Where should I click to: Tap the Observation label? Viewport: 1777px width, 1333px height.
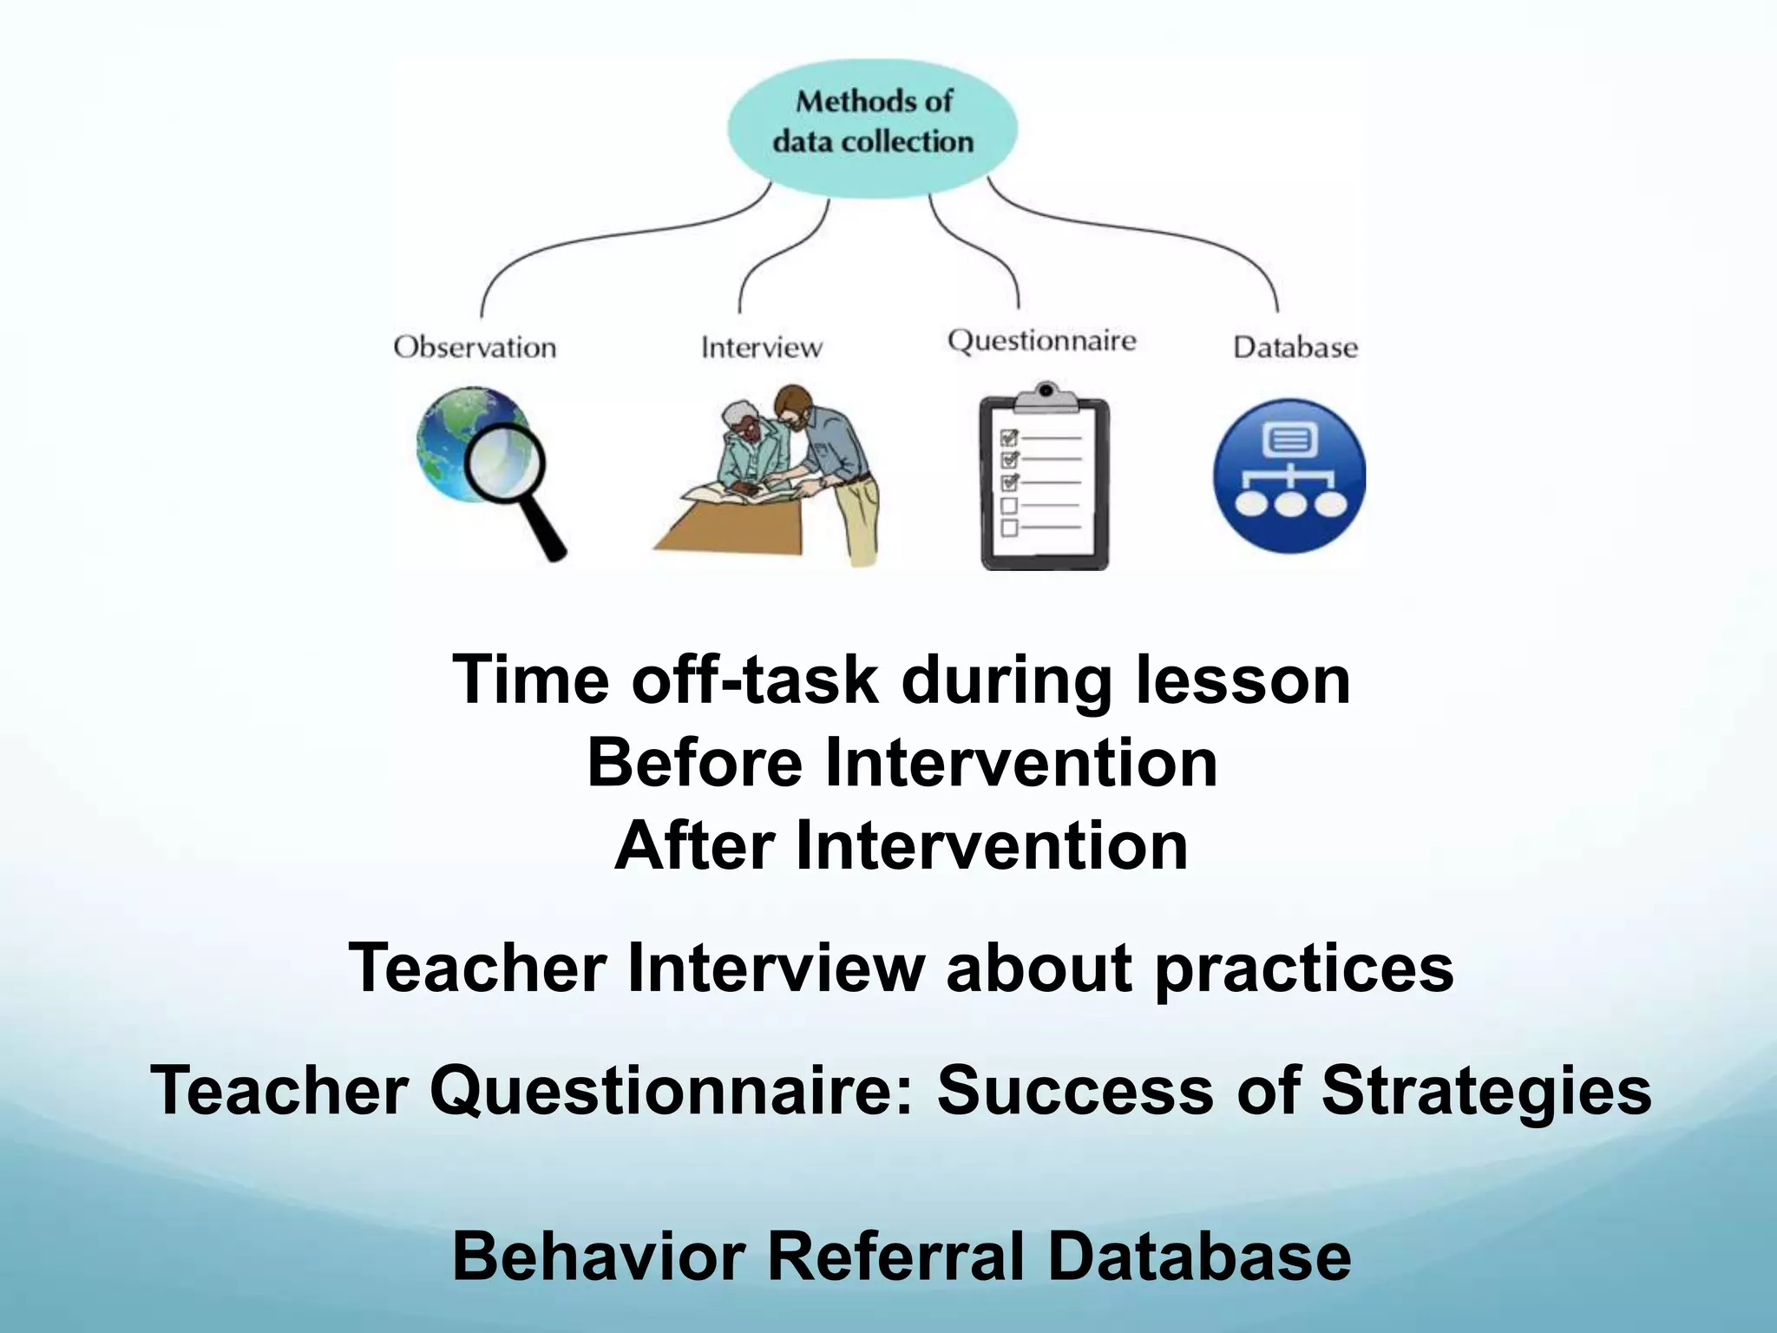475,347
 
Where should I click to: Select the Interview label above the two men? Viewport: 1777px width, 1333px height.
761,347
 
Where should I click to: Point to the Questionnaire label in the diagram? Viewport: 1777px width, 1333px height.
1041,340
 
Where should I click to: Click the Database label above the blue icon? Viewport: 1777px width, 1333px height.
1295,347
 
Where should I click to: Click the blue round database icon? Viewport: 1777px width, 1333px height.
1289,476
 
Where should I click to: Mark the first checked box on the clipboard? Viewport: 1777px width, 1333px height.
1009,438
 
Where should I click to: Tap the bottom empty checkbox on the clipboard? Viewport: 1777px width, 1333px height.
1009,528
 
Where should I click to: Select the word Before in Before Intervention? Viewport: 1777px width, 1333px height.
694,763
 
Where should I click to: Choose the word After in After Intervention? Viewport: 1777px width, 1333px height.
693,846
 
